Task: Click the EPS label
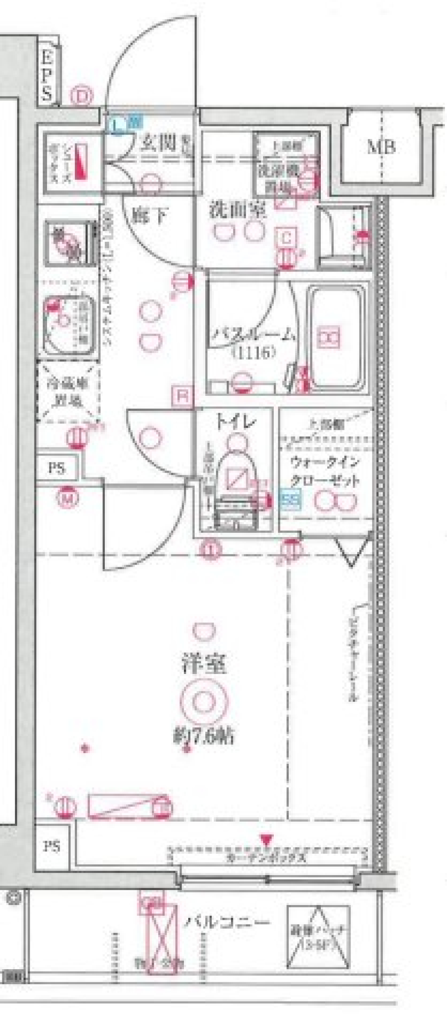(x=47, y=76)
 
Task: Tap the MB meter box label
(x=381, y=148)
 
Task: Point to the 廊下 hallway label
(x=149, y=215)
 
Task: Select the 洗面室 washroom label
(x=237, y=211)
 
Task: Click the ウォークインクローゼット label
(x=325, y=471)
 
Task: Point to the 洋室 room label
(x=204, y=663)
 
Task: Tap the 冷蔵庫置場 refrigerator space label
(x=68, y=393)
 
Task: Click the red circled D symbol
(x=82, y=97)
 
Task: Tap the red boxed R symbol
(x=183, y=396)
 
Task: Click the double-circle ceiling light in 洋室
(x=203, y=701)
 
